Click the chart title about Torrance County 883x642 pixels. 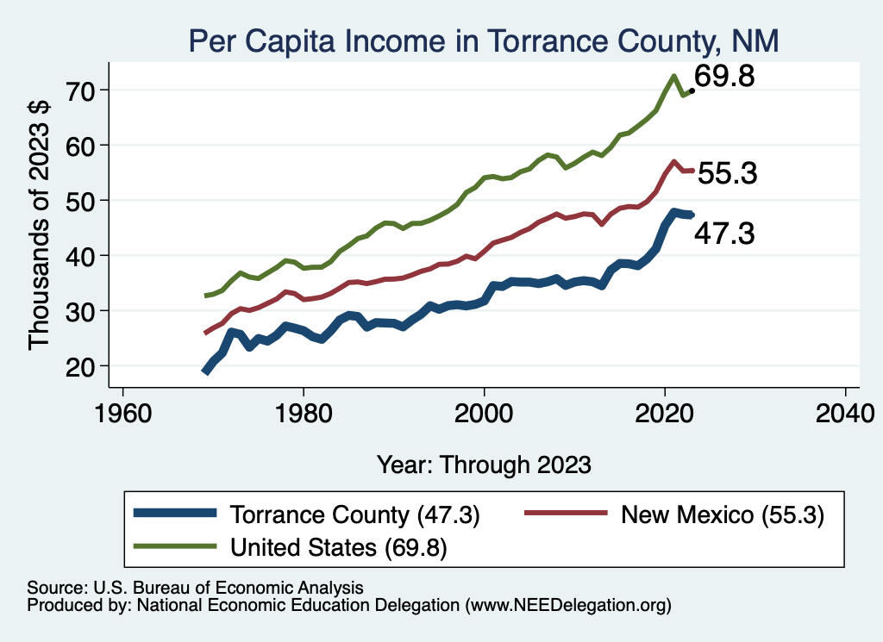point(484,41)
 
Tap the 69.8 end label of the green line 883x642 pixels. point(725,77)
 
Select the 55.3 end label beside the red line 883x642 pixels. point(727,174)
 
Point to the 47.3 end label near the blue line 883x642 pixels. point(724,234)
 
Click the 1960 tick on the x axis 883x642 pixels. point(123,408)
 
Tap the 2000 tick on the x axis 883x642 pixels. point(485,408)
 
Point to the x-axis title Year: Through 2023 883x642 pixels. point(484,464)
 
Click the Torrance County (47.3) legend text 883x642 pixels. point(354,515)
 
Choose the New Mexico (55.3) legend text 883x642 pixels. point(723,515)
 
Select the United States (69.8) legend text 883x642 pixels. point(338,546)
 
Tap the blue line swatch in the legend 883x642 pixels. point(175,515)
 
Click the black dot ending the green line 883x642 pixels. point(692,90)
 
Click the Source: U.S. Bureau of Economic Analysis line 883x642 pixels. point(195,587)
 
